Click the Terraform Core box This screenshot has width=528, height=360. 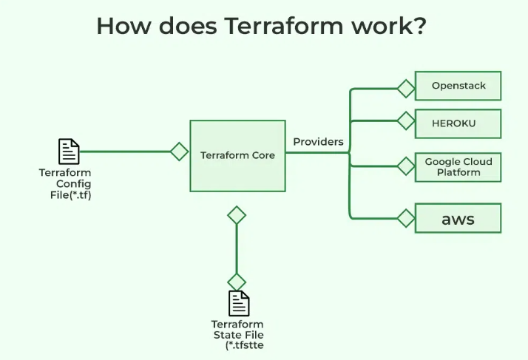[237, 155]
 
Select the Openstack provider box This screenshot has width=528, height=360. [458, 86]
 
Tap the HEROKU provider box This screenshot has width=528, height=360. [458, 123]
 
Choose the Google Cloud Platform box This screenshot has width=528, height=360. [458, 167]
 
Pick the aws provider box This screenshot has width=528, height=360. [458, 219]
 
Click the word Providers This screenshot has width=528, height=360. [318, 141]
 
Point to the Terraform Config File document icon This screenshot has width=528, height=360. [69, 152]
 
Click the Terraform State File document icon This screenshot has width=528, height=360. [238, 303]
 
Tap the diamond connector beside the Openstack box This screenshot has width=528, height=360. [406, 89]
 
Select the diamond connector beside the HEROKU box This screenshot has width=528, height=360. [406, 120]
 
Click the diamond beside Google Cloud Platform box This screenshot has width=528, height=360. [406, 166]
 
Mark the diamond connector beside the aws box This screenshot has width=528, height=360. [406, 218]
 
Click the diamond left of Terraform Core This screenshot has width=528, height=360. [179, 152]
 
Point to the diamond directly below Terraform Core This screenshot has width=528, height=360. [237, 215]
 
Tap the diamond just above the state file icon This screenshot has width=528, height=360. [237, 282]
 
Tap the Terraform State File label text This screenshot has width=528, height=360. [237, 334]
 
